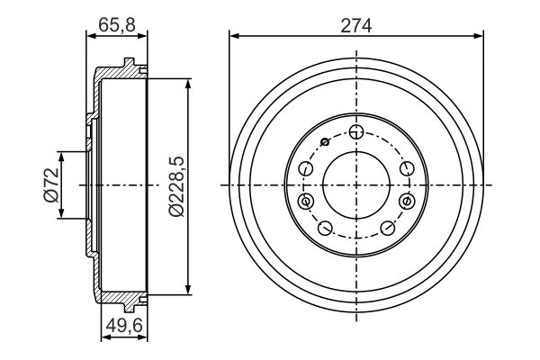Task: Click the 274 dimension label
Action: coord(356,26)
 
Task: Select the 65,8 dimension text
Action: coord(117,25)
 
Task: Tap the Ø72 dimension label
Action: coord(51,185)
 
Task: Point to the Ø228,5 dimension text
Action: coord(176,186)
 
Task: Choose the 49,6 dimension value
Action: coord(124,326)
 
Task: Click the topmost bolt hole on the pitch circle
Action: coord(356,131)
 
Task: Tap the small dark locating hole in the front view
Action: coord(324,141)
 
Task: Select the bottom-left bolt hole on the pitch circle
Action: coord(325,228)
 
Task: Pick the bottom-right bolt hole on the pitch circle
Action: coord(388,228)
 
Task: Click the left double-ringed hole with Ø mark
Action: coord(305,201)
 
